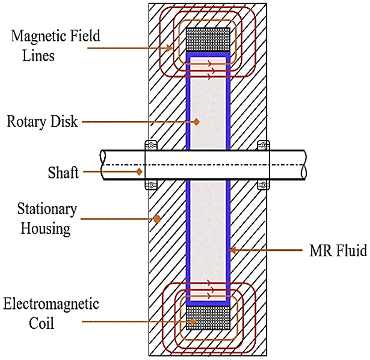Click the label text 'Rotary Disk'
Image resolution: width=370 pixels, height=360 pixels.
point(42,121)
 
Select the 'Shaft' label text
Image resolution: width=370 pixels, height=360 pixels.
point(63,172)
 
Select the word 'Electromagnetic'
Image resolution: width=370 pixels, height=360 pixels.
point(51,304)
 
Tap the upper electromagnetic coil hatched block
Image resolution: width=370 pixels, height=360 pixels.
point(208,40)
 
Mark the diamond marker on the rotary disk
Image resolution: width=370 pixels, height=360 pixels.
point(197,121)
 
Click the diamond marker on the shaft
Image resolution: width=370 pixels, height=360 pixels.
point(139,171)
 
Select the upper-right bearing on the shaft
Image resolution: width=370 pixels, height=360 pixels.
point(264,145)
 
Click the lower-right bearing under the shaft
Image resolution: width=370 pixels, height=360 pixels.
point(264,184)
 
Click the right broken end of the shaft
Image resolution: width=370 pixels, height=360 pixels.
point(304,165)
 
